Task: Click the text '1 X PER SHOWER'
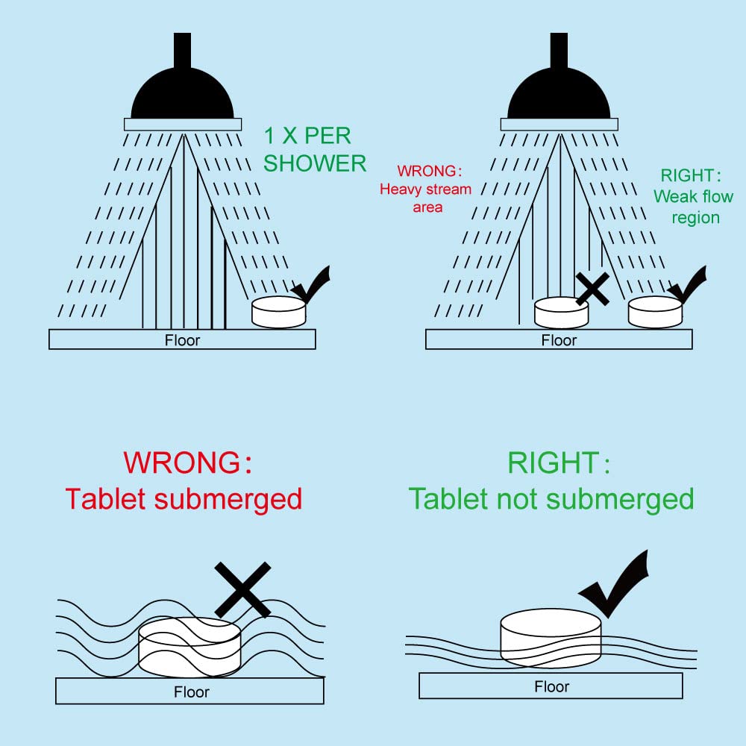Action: pos(314,149)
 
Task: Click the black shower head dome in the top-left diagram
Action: pos(183,93)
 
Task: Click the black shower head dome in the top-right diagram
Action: pos(559,93)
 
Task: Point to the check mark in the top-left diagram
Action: pos(312,286)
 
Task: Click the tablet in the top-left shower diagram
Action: pos(279,312)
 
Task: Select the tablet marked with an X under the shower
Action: pos(562,313)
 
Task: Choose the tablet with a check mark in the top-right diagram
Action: pos(655,312)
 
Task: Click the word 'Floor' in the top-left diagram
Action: pos(182,341)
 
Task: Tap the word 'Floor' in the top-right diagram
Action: pos(559,341)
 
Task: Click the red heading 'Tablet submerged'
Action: pos(184,498)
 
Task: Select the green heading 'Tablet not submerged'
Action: pos(551,498)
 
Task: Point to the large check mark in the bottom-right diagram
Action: pos(615,586)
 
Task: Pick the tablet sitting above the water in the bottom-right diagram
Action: pos(551,638)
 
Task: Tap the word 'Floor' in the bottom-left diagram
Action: pos(191,692)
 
